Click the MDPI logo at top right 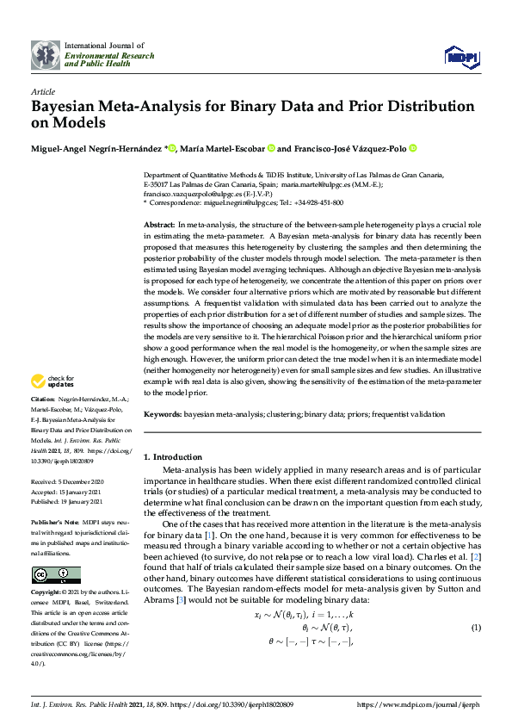pos(460,57)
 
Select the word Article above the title pos(43,91)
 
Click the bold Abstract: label pos(161,224)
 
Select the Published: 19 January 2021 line pos(68,501)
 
